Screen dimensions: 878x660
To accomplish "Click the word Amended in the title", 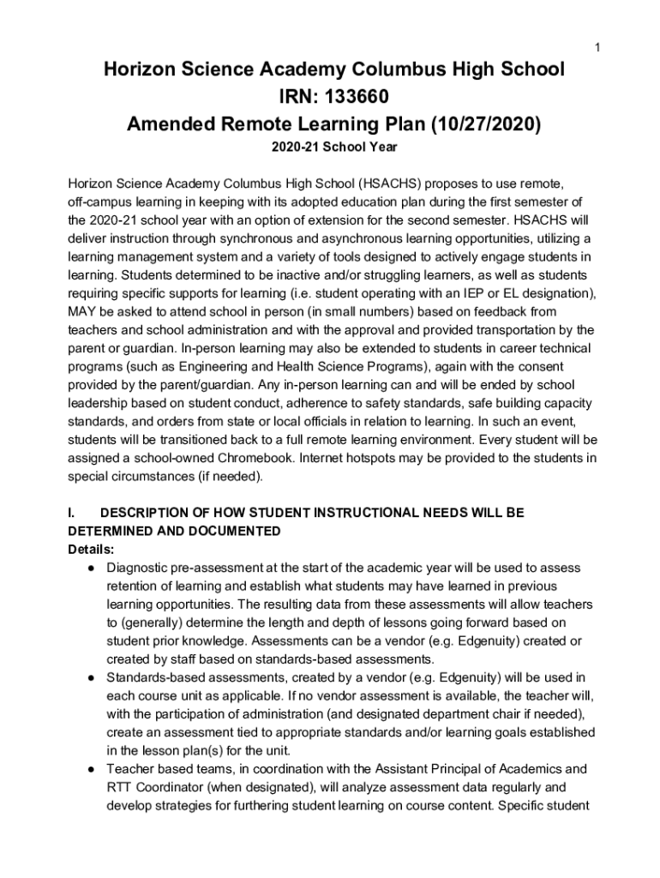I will (172, 124).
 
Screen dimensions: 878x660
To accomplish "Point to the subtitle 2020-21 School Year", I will (334, 148).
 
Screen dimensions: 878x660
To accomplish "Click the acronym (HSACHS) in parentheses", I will (390, 183).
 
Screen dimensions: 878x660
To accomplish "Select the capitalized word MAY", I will (83, 311).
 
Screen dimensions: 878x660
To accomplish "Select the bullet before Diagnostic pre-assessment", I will (90, 568).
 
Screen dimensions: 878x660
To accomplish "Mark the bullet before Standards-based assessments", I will (90, 677).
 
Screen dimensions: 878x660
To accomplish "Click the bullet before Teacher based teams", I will (90, 769).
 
